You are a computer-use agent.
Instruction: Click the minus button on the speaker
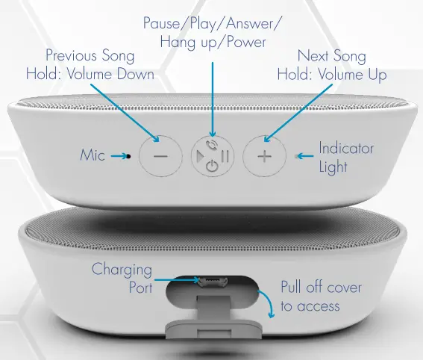160,158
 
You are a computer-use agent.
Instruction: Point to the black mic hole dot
129,157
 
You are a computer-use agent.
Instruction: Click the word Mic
93,156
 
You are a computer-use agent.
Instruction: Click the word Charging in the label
122,270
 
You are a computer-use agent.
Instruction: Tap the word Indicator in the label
346,149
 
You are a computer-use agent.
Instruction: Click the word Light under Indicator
333,166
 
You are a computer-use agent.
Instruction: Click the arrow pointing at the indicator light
302,157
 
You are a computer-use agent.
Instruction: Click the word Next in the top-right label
313,56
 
